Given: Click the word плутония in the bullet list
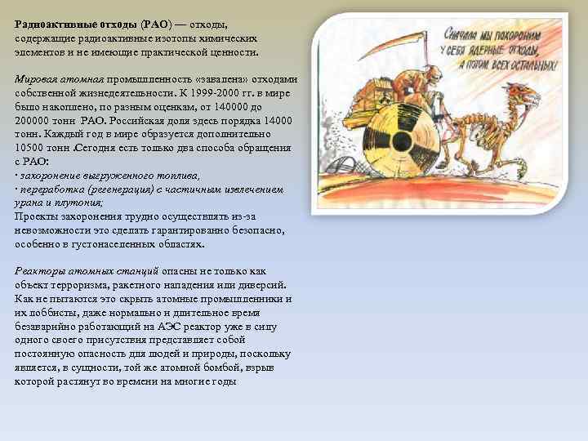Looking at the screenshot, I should coord(81,203).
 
